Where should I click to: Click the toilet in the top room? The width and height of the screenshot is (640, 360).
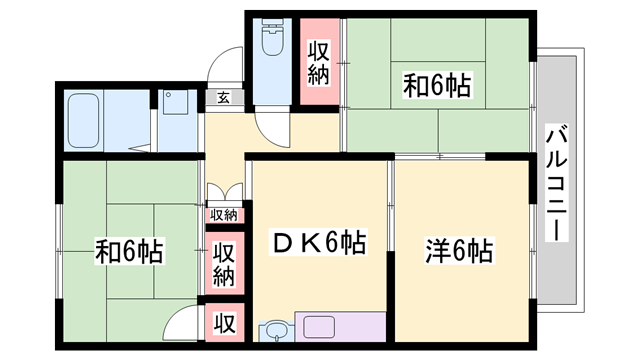272,39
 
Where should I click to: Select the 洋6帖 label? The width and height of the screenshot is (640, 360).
458,249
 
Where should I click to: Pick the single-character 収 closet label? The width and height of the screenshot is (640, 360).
223,323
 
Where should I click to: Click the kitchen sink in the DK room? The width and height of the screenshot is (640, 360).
276,331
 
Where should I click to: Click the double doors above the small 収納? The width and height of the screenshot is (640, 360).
223,194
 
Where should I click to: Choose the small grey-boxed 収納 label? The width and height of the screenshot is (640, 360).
223,215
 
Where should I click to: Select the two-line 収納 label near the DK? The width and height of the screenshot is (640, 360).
223,262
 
